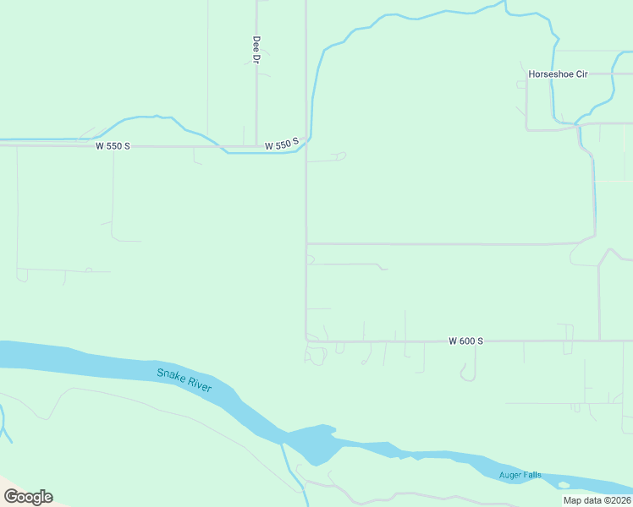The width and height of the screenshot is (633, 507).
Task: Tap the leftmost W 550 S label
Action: pyautogui.click(x=113, y=146)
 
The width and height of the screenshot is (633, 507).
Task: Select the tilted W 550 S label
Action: pyautogui.click(x=283, y=145)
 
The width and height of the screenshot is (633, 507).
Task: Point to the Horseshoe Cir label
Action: pyautogui.click(x=558, y=74)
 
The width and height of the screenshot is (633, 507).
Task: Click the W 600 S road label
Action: pyautogui.click(x=465, y=341)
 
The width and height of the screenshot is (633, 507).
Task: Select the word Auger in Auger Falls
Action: pyautogui.click(x=511, y=475)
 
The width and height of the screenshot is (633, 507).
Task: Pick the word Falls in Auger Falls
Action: pyautogui.click(x=532, y=475)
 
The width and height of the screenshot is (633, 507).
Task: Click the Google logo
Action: pyautogui.click(x=28, y=497)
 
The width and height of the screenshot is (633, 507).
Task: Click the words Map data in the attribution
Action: pyautogui.click(x=580, y=500)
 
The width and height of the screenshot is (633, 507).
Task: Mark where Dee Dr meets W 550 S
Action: pyautogui.click(x=256, y=146)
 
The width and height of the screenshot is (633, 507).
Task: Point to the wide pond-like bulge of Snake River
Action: pyautogui.click(x=313, y=443)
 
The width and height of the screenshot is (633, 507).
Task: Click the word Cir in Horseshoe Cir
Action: pyautogui.click(x=581, y=74)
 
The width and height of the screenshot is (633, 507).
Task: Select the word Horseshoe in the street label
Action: pyautogui.click(x=550, y=74)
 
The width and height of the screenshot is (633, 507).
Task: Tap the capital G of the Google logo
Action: pyautogui.click(x=11, y=497)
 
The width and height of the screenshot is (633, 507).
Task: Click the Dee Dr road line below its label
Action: pyautogui.click(x=256, y=101)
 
